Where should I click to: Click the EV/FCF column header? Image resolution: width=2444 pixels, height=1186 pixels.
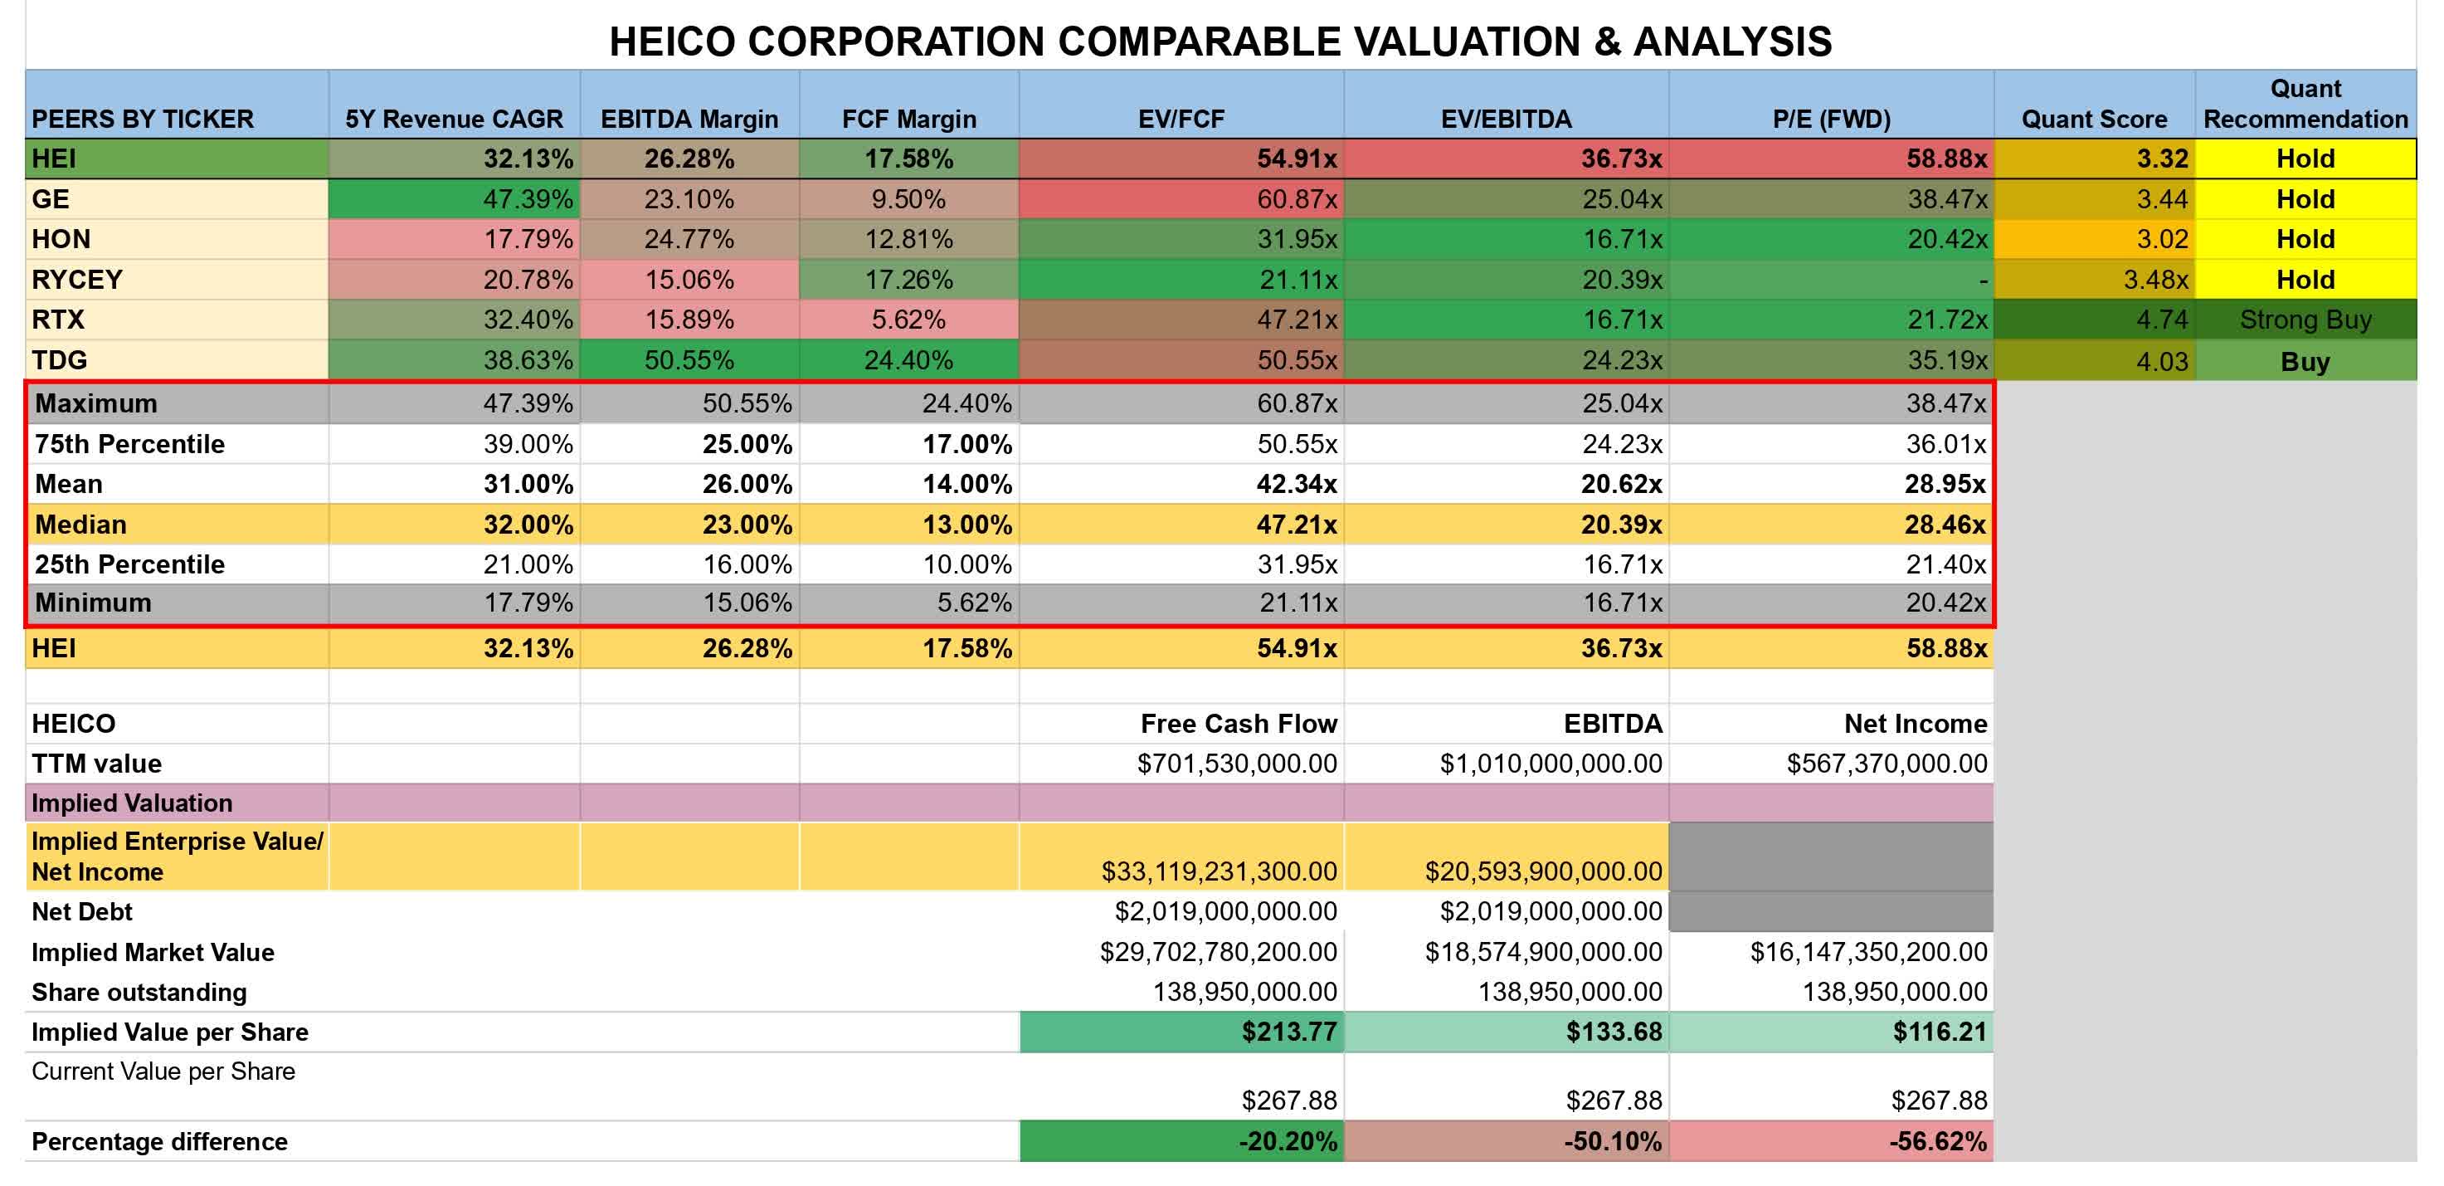click(x=1181, y=119)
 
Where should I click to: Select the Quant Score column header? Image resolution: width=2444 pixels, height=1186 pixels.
click(x=2094, y=119)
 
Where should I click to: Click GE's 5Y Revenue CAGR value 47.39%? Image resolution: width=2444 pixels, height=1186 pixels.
click(x=528, y=199)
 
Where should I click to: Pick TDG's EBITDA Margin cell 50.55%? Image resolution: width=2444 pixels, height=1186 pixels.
click(x=689, y=360)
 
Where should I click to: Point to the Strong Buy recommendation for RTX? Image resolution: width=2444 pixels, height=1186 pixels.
click(x=2305, y=320)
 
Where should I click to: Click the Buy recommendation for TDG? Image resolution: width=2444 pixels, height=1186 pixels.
click(x=2305, y=362)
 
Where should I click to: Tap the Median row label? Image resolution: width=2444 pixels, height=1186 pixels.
click(x=80, y=525)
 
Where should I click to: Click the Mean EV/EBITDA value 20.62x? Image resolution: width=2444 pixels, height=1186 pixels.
click(x=1620, y=484)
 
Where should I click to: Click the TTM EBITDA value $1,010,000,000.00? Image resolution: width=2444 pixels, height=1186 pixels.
click(x=1551, y=764)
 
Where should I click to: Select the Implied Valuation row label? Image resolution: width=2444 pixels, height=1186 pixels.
click(x=132, y=803)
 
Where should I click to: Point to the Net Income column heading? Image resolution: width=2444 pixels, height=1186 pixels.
click(x=1915, y=724)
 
